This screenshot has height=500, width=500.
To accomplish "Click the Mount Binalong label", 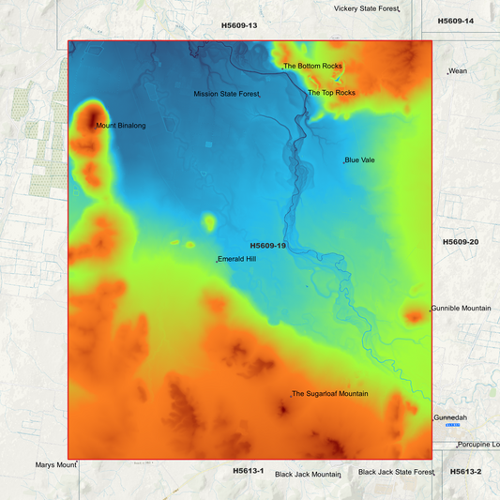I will [120, 125].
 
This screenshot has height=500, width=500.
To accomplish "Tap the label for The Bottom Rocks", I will [313, 67].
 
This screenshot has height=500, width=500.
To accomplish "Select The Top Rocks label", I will [332, 93].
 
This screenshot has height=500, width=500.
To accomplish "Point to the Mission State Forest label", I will [226, 94].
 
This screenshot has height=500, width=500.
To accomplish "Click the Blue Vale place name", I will [360, 160].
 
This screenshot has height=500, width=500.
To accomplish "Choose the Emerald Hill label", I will [237, 259].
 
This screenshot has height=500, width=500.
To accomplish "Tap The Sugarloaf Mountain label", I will [330, 394].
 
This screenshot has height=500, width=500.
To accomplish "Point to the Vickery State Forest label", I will [366, 8].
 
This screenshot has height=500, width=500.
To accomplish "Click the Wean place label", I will [458, 71].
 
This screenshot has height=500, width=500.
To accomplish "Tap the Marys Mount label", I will [54, 465].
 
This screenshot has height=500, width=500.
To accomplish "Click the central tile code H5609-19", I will [267, 246].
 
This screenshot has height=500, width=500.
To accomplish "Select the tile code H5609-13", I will [239, 25].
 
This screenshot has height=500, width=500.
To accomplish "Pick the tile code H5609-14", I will [456, 21].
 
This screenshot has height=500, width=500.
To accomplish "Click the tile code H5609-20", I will [461, 242].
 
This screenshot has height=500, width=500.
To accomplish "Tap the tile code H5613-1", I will [249, 470].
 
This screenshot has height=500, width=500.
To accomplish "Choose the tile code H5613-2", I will [465, 471].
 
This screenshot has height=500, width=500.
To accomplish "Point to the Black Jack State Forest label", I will [396, 472].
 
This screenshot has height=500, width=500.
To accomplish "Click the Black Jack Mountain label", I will [307, 475].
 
